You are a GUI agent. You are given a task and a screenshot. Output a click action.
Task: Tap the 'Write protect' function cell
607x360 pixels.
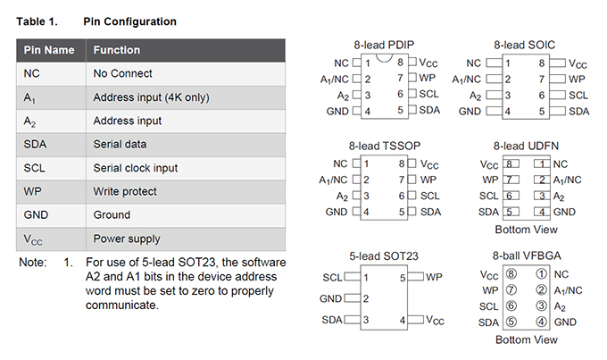[x=125, y=191]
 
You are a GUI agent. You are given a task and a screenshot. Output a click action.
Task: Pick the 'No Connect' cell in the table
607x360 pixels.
[x=123, y=73]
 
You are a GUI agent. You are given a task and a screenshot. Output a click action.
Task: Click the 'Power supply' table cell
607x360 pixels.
[x=127, y=239]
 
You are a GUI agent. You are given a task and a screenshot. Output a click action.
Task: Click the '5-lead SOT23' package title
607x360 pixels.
[x=384, y=256]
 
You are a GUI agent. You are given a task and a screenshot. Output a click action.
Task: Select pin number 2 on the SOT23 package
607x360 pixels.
[x=366, y=298]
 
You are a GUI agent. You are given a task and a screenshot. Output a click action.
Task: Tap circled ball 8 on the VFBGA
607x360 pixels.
[x=511, y=274]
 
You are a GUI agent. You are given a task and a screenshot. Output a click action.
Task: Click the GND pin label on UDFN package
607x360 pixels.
[x=564, y=212]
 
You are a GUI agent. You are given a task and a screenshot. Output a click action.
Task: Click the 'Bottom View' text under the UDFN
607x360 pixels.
[x=526, y=230]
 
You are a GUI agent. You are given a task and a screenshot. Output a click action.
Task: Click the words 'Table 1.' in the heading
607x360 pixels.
[x=37, y=21]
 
